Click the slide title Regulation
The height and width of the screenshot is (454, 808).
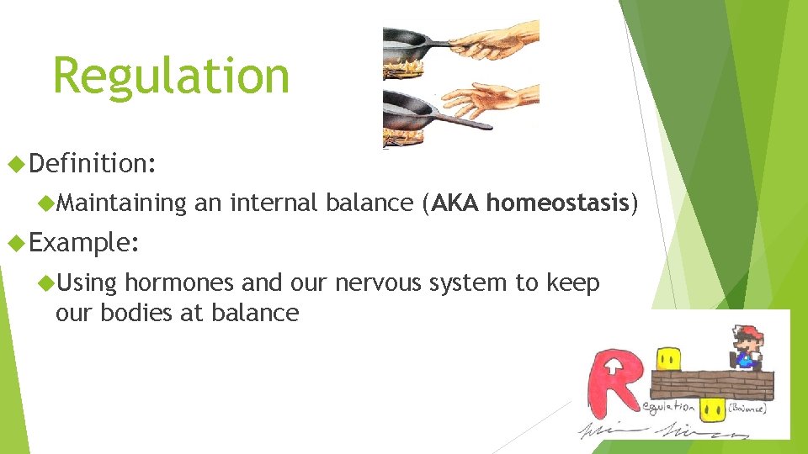click(x=171, y=76)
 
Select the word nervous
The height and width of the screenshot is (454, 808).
click(x=379, y=283)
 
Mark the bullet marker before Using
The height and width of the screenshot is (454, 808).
click(x=47, y=283)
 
